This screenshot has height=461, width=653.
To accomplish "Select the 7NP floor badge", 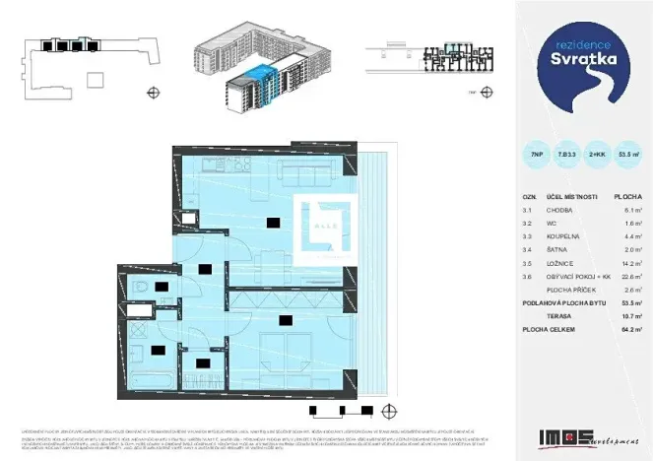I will click(x=535, y=154).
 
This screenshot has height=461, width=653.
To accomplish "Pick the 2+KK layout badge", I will click(x=597, y=154).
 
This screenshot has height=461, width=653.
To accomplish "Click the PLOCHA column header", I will click(x=627, y=196).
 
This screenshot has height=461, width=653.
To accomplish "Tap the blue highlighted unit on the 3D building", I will click(x=258, y=75).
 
